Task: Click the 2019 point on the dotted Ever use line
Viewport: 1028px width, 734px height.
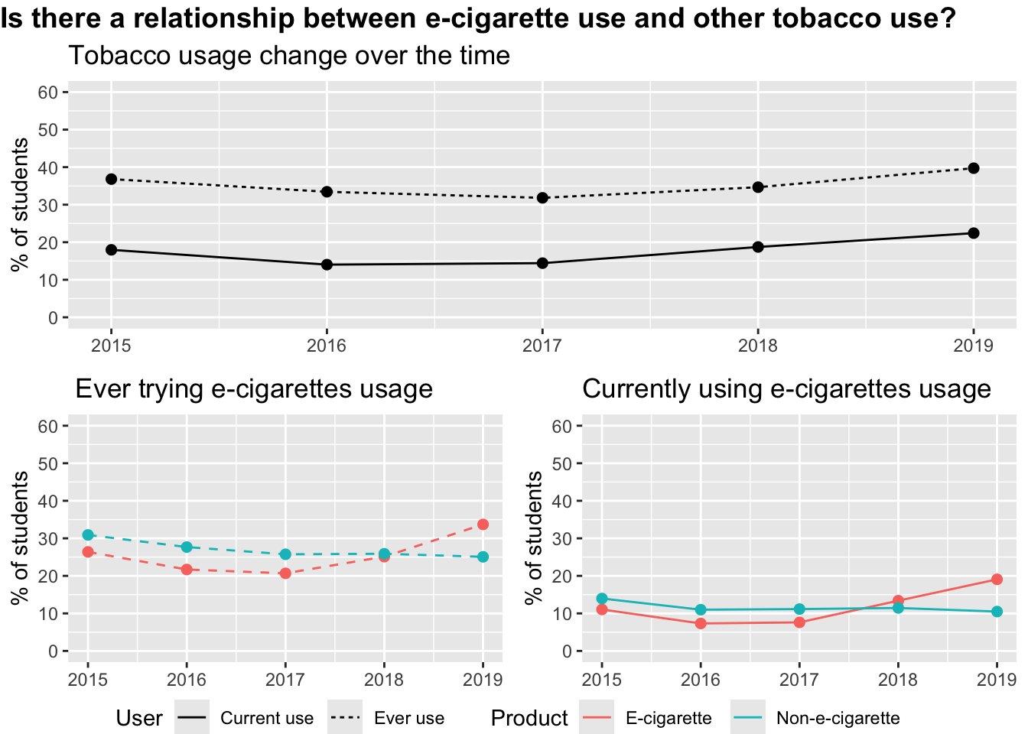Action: [x=973, y=168]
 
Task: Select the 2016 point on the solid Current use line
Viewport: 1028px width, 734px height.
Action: [x=327, y=265]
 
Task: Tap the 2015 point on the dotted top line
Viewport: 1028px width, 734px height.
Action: [x=111, y=179]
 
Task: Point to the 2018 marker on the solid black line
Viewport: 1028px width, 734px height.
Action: [x=758, y=247]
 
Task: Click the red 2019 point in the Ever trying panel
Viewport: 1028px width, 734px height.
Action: [x=483, y=525]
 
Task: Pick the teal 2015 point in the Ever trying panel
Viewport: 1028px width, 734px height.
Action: [x=88, y=535]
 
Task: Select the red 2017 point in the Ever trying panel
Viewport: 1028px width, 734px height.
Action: [x=285, y=573]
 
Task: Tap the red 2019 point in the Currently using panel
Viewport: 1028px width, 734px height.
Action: [x=997, y=580]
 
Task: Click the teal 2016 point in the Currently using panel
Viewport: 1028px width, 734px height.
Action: [x=701, y=610]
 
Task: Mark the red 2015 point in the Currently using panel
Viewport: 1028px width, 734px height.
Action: [x=602, y=609]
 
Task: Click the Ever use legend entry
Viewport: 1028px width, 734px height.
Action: [x=408, y=719]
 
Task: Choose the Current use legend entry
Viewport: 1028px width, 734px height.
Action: [x=266, y=719]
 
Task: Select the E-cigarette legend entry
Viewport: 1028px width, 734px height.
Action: [x=668, y=719]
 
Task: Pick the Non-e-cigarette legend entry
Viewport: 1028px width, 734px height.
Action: [x=838, y=719]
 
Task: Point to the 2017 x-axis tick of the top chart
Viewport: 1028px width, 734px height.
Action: [x=542, y=346]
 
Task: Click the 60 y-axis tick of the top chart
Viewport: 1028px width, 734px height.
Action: [x=48, y=93]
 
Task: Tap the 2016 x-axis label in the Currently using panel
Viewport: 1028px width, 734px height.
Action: [x=701, y=679]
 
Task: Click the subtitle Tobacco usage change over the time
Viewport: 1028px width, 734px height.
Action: [x=289, y=56]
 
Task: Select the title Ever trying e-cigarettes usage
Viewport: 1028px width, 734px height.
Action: [x=254, y=389]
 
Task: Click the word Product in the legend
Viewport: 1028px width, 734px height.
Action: [x=529, y=719]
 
